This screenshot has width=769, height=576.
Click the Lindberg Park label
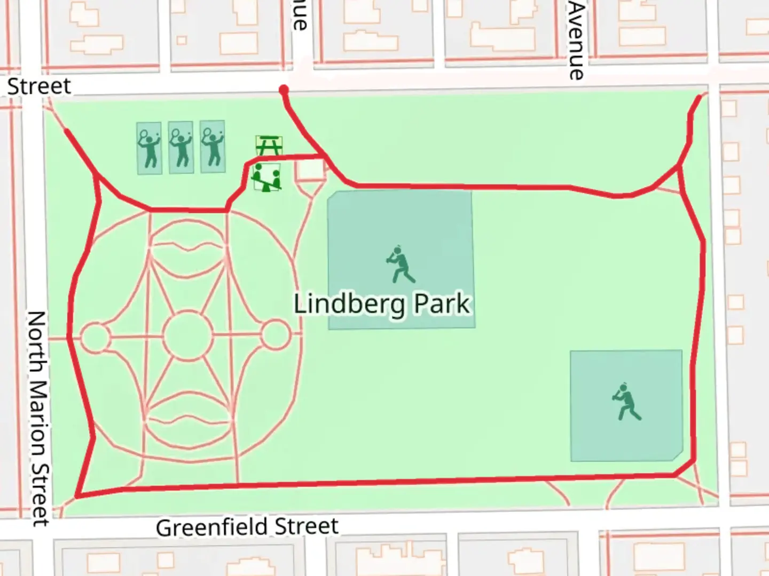pyautogui.click(x=382, y=304)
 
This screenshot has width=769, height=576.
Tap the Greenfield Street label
pyautogui.click(x=247, y=527)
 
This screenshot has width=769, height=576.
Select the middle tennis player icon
pyautogui.click(x=181, y=148)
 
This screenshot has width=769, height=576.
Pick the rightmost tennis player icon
pyautogui.click(x=213, y=147)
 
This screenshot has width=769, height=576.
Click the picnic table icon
pyautogui.click(x=269, y=145)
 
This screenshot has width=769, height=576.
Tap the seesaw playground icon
pyautogui.click(x=266, y=178)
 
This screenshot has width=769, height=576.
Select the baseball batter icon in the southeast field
pyautogui.click(x=625, y=402)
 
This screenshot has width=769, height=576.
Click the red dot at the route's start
pyautogui.click(x=284, y=90)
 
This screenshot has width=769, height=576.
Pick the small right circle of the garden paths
pyautogui.click(x=276, y=335)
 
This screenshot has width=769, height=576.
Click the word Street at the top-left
pyautogui.click(x=39, y=86)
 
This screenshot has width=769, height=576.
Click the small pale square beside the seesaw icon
pyautogui.click(x=311, y=170)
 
